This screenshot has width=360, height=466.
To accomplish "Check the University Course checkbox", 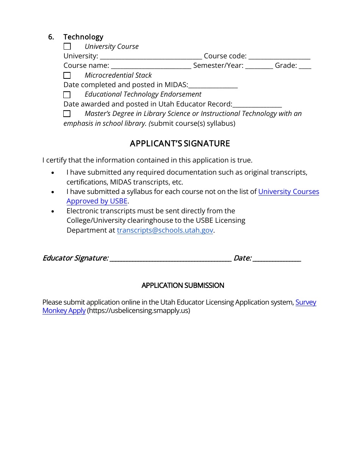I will coord(67,47).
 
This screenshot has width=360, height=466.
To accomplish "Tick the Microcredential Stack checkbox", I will coord(67,75).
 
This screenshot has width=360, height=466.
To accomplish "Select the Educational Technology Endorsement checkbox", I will coord(67,95).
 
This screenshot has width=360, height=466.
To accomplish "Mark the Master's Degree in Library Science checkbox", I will coord(67,114).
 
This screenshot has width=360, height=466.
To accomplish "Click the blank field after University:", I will coord(151,57).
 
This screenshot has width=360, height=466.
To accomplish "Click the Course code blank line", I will coord(279,57).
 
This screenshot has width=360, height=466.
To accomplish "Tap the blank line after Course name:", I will coord(151,66).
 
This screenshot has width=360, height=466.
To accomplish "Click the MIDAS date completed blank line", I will coord(213,86).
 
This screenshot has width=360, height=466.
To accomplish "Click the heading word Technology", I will coord(83,37).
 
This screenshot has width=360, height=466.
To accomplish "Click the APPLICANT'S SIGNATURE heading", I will coord(180,144).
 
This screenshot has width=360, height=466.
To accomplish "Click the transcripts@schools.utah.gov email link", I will coord(165,230).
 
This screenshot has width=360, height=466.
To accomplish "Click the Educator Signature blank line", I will coord(170,259).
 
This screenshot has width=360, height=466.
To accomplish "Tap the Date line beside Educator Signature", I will coord(277,259).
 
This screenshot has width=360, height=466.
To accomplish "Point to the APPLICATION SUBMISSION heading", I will coord(183,285).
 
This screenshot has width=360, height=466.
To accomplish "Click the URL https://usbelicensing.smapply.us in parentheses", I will coord(139,311).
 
